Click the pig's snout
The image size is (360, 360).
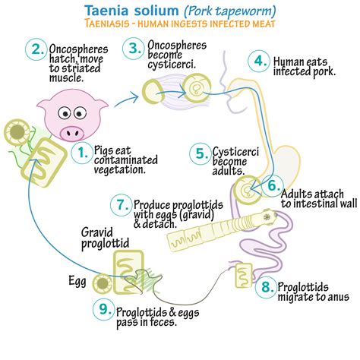71,132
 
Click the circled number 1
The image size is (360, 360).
81,153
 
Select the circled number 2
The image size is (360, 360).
36,49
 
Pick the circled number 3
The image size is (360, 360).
133,48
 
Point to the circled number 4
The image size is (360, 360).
259,61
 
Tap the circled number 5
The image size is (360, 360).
201,153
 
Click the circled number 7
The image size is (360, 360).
121,205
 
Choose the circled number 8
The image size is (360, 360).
266,287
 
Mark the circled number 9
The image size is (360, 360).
103,309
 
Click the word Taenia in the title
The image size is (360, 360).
107,11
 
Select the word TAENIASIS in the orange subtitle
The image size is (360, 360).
107,24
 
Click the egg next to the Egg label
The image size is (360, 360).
103,283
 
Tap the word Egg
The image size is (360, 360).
77,282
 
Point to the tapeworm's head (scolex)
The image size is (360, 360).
267,217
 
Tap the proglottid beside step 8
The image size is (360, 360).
244,275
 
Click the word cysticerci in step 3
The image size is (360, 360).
172,65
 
